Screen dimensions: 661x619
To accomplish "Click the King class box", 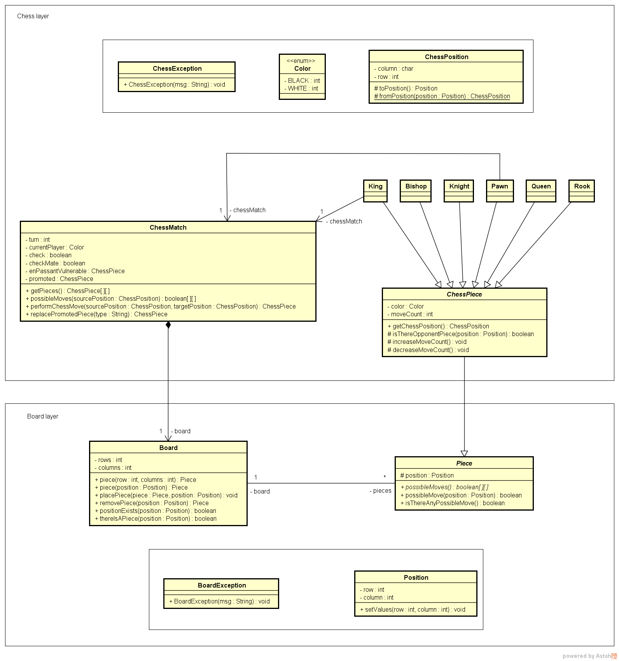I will click(x=375, y=190).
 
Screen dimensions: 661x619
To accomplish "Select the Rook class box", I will click(x=582, y=190).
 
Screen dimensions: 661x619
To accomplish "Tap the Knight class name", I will click(x=459, y=186).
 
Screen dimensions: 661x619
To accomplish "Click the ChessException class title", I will click(x=177, y=68).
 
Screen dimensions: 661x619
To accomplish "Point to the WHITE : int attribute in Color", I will click(x=301, y=89).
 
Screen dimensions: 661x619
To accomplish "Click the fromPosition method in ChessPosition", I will click(x=442, y=96).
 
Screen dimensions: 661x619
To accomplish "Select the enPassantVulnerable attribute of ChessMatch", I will click(x=75, y=271).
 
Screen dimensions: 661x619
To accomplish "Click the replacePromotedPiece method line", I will click(x=96, y=314).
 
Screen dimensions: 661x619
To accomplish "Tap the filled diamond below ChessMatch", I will click(x=168, y=325).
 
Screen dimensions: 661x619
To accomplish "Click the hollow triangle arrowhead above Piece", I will click(x=464, y=453).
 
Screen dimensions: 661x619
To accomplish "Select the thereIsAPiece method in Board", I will click(x=156, y=519).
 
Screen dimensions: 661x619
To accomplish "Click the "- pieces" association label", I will click(x=380, y=491).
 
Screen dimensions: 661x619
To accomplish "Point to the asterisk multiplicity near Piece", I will click(x=385, y=477).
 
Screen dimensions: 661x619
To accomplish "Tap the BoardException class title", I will click(x=222, y=585).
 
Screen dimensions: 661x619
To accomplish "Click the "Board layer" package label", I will click(x=43, y=417).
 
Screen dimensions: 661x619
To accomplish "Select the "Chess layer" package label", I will click(x=33, y=16).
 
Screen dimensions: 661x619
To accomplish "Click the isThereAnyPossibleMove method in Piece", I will click(x=452, y=503).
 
